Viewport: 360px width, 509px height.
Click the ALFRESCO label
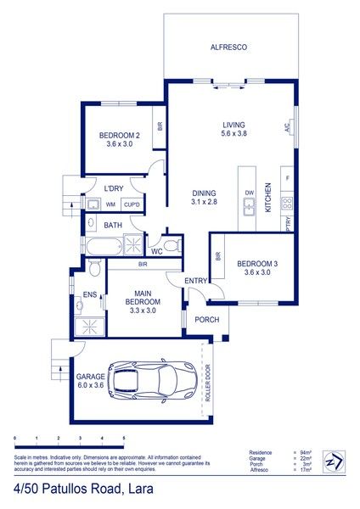click(228, 48)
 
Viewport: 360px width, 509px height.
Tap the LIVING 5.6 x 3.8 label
click(233, 128)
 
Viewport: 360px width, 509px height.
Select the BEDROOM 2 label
click(119, 140)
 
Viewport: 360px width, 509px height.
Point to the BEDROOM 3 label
click(253, 267)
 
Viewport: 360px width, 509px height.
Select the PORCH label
click(206, 320)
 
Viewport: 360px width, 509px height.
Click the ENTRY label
click(197, 281)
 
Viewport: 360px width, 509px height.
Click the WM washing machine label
click(110, 204)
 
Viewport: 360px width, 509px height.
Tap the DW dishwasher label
click(250, 193)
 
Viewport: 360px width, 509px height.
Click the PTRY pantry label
click(289, 224)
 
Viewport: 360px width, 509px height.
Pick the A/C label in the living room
click(287, 128)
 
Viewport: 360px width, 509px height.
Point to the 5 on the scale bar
click(124, 439)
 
